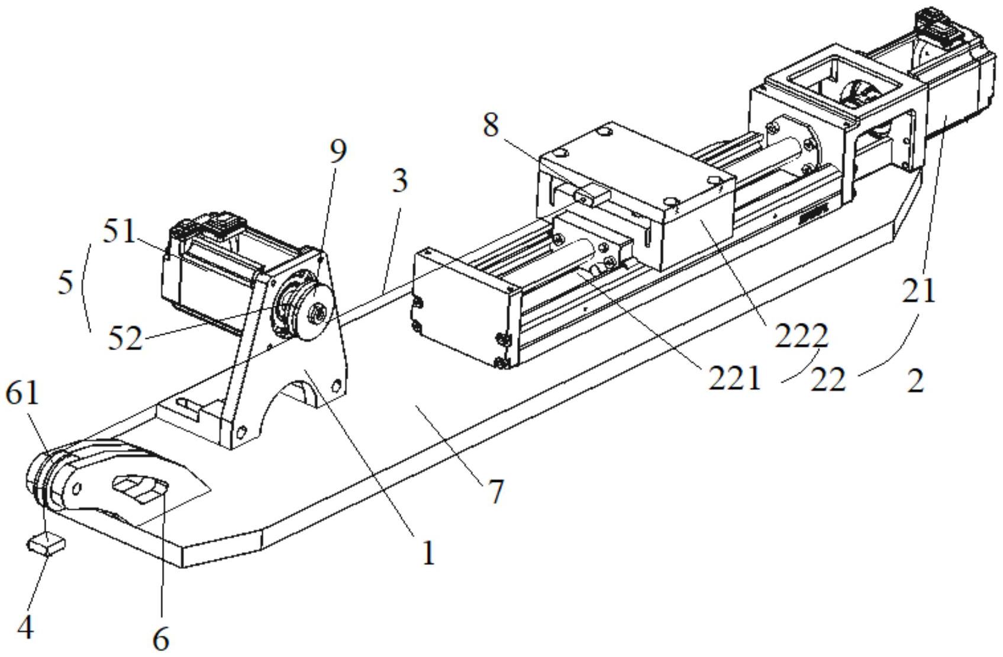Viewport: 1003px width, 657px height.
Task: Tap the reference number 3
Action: [400, 180]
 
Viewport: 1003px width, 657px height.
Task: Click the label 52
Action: [125, 339]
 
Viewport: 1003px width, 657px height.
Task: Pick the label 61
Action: [22, 393]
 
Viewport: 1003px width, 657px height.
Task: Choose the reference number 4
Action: [25, 628]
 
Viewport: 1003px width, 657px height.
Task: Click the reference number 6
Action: [161, 639]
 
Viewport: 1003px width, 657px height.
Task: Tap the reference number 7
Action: [495, 490]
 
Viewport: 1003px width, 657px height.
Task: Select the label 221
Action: [734, 378]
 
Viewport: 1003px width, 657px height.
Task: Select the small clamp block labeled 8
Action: [592, 195]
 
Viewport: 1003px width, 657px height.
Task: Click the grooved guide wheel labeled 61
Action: [41, 479]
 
